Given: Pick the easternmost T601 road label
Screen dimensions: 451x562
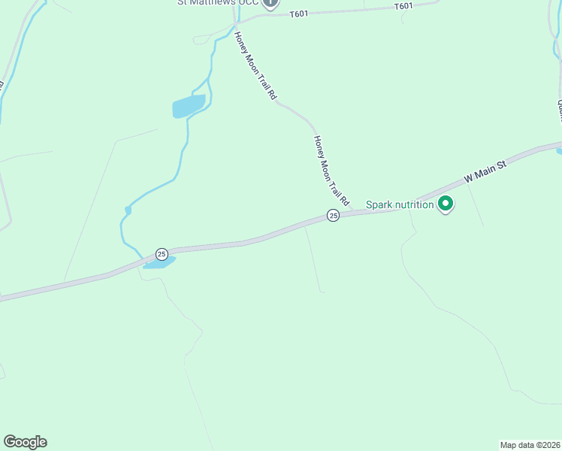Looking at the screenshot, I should click(403, 6).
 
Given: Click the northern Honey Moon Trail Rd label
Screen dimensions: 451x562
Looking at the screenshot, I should click(255, 66).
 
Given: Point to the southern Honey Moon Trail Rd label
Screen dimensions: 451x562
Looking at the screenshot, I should click(331, 171).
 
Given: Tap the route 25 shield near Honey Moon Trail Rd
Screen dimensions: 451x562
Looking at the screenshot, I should click(334, 216).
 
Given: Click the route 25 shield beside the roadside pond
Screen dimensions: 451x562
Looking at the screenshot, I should click(162, 254).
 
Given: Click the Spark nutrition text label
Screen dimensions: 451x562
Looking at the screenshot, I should click(400, 204).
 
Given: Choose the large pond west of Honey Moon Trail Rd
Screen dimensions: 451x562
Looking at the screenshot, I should click(189, 106).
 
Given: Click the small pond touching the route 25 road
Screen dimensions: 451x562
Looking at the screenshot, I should click(159, 262).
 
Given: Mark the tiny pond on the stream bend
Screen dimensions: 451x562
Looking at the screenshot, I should click(128, 210).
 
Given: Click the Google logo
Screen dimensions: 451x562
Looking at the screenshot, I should click(25, 442).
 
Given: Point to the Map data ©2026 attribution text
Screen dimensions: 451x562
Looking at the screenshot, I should click(530, 444).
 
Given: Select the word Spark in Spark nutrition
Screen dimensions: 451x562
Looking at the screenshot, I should click(381, 204).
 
